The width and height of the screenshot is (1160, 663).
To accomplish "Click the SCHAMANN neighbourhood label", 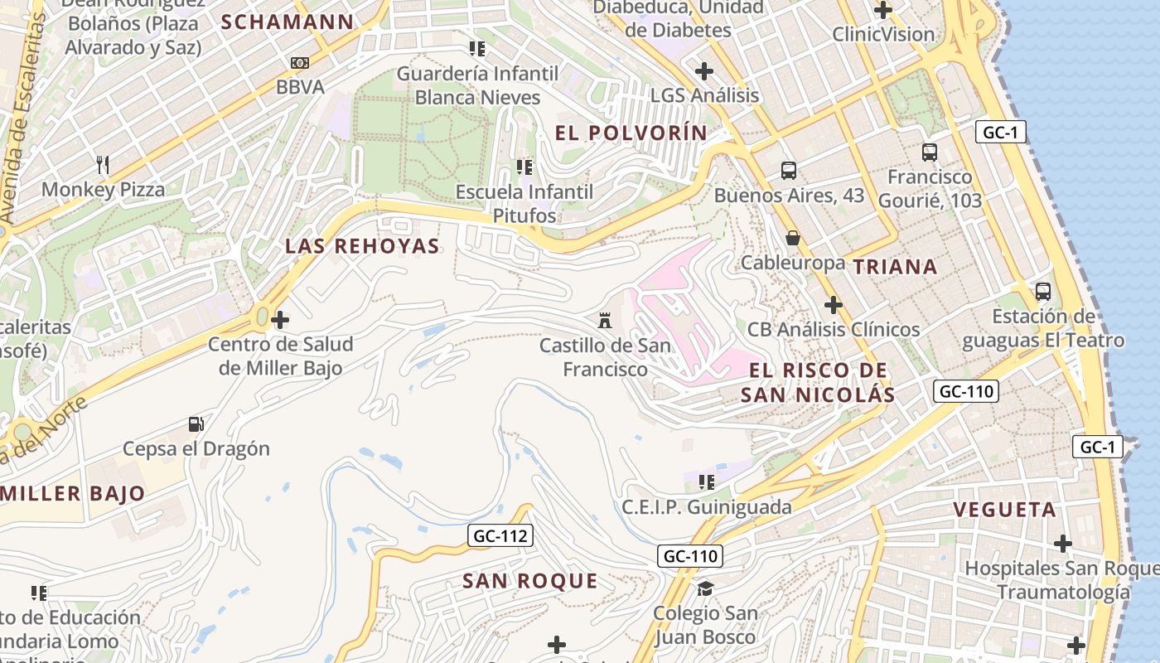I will (x=288, y=22).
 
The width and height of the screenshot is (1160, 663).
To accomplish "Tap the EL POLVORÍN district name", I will (x=631, y=133).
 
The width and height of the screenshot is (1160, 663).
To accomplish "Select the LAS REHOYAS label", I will (x=362, y=246).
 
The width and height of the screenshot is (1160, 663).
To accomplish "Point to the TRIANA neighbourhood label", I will (x=895, y=267).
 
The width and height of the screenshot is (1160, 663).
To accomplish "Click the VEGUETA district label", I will (x=1004, y=510).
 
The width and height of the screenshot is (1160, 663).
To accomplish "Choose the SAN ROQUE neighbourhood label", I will (x=529, y=581).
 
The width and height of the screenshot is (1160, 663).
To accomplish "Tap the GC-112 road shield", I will (x=500, y=536).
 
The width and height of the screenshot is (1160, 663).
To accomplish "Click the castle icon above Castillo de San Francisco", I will (x=605, y=320).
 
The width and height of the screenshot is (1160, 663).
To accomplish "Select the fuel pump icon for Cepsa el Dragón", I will (x=196, y=424).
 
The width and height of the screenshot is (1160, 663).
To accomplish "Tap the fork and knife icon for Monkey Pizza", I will (x=103, y=165).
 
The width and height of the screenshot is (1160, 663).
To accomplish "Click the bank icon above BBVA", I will (x=300, y=63).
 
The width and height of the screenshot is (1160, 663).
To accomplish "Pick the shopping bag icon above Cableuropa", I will (x=793, y=239).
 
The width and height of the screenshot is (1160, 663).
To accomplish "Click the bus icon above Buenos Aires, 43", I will (x=789, y=171).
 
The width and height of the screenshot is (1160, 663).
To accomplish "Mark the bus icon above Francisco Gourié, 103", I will (x=930, y=152).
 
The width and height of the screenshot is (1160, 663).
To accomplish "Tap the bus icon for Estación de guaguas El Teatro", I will (x=1042, y=292).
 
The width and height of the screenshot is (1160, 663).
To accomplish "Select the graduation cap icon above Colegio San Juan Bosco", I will (x=705, y=588).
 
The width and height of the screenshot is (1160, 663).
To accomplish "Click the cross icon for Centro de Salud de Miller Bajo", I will (x=280, y=319).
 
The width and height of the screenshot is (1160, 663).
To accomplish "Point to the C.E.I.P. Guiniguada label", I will (x=707, y=506).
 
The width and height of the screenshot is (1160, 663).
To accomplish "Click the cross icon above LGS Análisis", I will (x=704, y=71).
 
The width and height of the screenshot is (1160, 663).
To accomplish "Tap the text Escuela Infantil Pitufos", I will (x=524, y=204).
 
